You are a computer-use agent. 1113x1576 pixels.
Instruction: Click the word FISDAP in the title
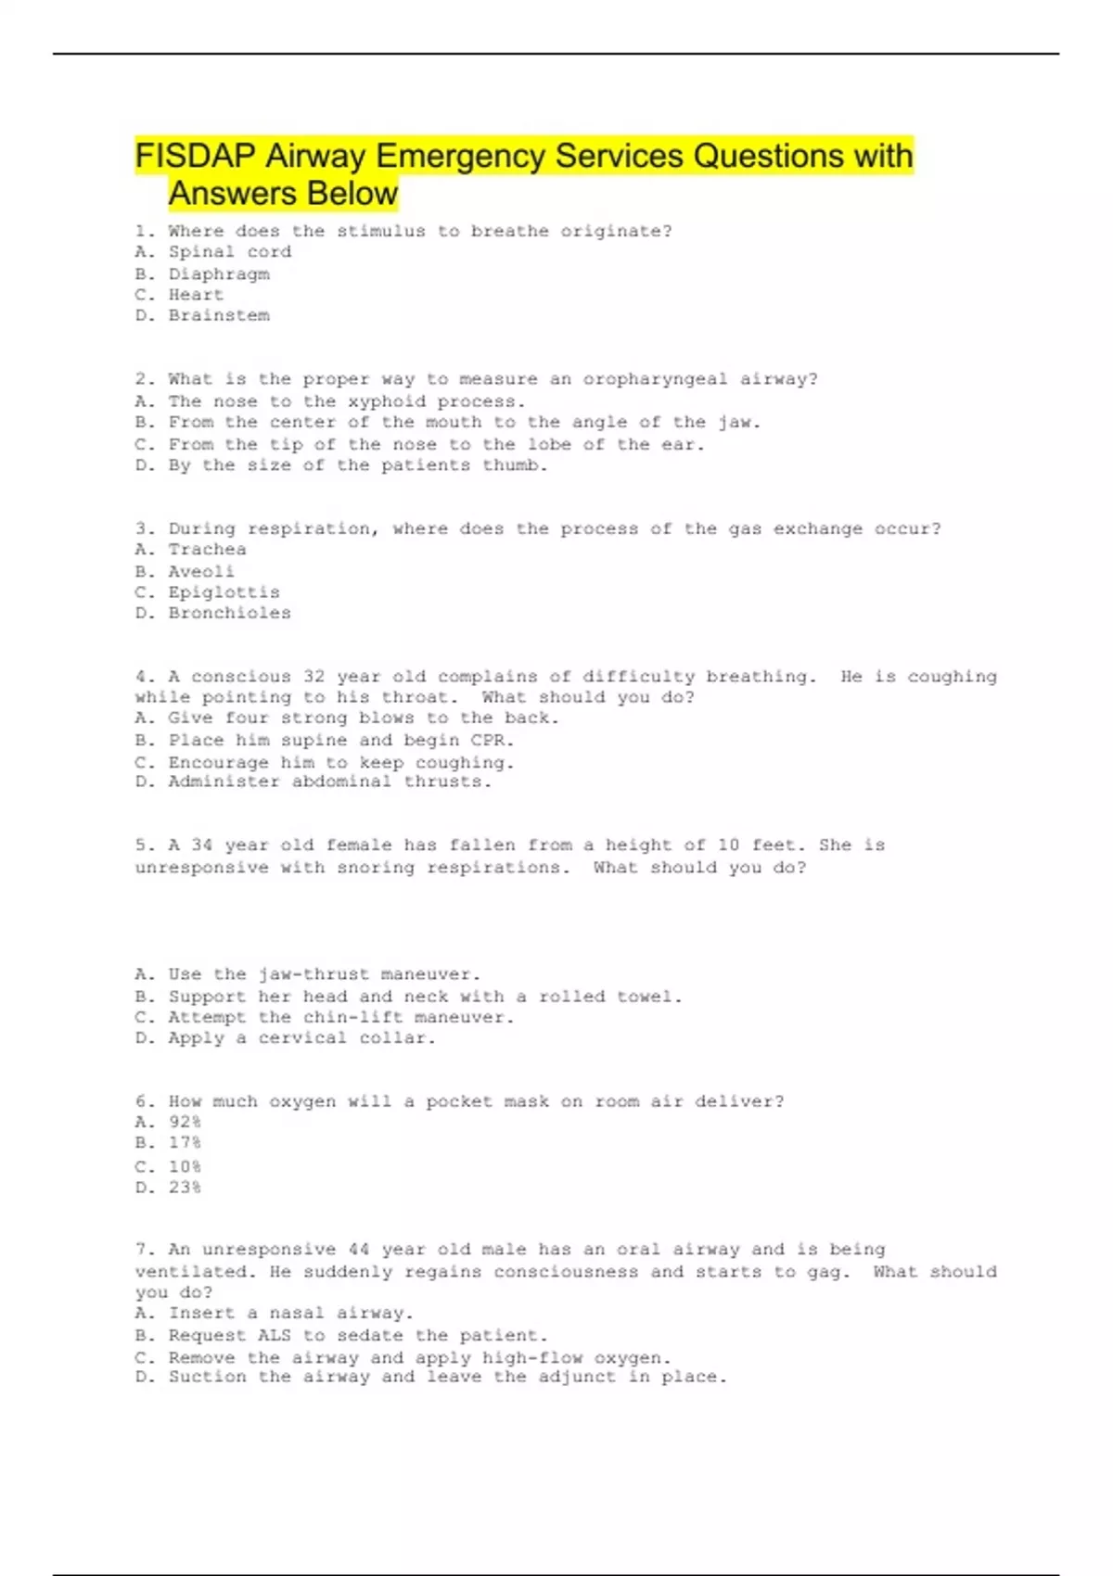pos(196,156)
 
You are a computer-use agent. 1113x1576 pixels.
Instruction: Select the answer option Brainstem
pos(219,316)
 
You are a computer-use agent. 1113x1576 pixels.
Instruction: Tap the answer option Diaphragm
pos(219,274)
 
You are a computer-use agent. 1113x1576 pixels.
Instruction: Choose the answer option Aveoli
pos(201,572)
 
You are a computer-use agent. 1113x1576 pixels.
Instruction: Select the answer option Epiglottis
pos(224,592)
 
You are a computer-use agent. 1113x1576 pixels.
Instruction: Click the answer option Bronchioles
pos(229,614)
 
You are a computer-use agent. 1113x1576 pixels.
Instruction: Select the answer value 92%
pos(185,1123)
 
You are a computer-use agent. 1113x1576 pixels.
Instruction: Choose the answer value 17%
pos(185,1143)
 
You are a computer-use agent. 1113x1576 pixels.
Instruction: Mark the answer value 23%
pos(185,1188)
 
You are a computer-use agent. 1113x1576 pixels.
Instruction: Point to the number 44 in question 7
pos(359,1250)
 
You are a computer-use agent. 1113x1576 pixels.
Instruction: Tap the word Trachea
pos(207,550)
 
